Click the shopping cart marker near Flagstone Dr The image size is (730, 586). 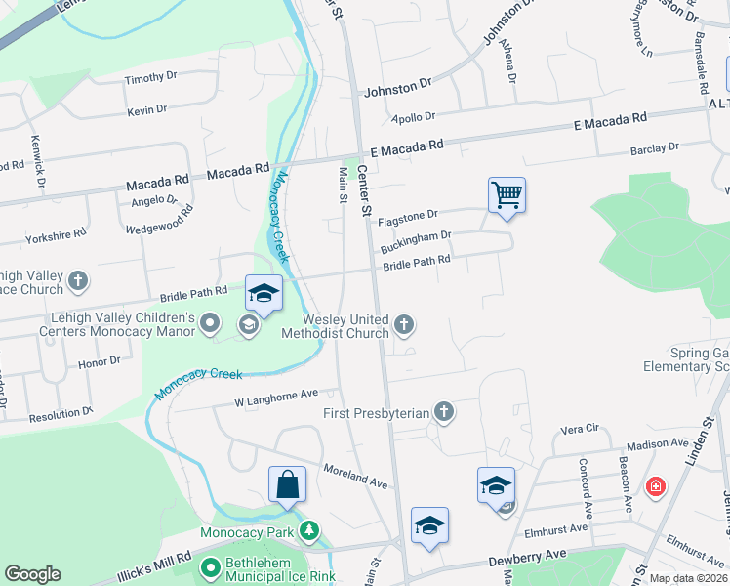click(x=507, y=193)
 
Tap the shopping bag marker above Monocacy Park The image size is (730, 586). click(x=287, y=483)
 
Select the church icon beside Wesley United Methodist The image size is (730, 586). click(x=403, y=324)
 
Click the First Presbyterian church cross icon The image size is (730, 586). click(x=444, y=411)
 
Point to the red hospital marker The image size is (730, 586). click(x=654, y=485)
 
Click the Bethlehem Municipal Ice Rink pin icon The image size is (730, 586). click(x=209, y=566)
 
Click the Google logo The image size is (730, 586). click(x=32, y=574)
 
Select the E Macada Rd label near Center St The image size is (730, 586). click(x=407, y=145)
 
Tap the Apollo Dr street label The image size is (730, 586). click(x=413, y=117)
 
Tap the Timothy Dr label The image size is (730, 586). click(x=150, y=77)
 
